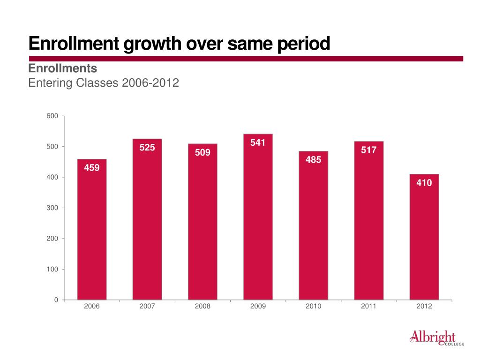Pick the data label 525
click(x=147, y=148)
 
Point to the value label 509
click(x=202, y=153)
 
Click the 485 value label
click(x=313, y=160)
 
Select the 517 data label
click(x=368, y=150)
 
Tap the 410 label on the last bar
click(x=424, y=183)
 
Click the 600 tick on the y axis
click(x=52, y=116)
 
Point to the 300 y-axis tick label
click(x=52, y=208)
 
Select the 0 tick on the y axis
click(x=56, y=300)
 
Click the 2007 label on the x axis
click(x=147, y=307)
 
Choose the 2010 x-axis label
click(x=313, y=307)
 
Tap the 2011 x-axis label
click(x=368, y=307)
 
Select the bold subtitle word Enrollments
click(x=63, y=68)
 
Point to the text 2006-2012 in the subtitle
click(x=150, y=83)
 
